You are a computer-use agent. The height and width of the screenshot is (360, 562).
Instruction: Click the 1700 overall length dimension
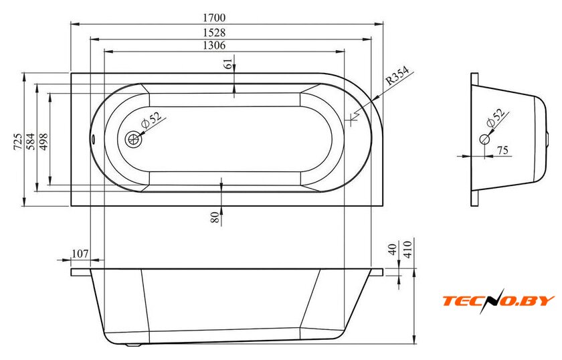click(214, 17)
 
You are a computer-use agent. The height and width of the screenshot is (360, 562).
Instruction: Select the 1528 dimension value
click(214, 32)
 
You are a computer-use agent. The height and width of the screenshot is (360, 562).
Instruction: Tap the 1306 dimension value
click(214, 46)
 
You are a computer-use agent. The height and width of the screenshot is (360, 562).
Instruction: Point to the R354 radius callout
click(397, 76)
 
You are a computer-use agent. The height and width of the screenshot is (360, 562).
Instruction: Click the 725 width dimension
click(18, 141)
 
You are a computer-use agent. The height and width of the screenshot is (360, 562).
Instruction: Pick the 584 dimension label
click(31, 141)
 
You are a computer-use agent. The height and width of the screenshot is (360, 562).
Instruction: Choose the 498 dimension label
click(43, 141)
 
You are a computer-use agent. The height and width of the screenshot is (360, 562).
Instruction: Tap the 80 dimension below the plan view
click(215, 217)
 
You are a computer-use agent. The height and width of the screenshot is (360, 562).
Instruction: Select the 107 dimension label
click(80, 254)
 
